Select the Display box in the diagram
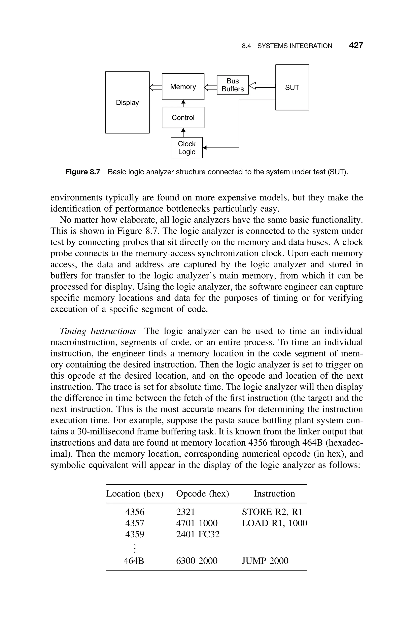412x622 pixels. [127, 102]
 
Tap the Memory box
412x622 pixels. [183, 87]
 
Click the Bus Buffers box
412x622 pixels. [233, 85]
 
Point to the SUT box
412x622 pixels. [292, 88]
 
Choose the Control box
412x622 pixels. [183, 117]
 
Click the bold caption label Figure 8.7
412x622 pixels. [83, 172]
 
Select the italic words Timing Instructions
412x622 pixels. [98, 331]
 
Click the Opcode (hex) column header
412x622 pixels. [202, 493]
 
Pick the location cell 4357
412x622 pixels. [135, 523]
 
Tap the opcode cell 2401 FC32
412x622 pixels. [198, 534]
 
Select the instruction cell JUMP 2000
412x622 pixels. [265, 561]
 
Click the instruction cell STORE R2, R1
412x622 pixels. [272, 512]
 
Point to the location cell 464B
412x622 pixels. [134, 561]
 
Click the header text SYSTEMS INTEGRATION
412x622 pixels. [295, 46]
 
